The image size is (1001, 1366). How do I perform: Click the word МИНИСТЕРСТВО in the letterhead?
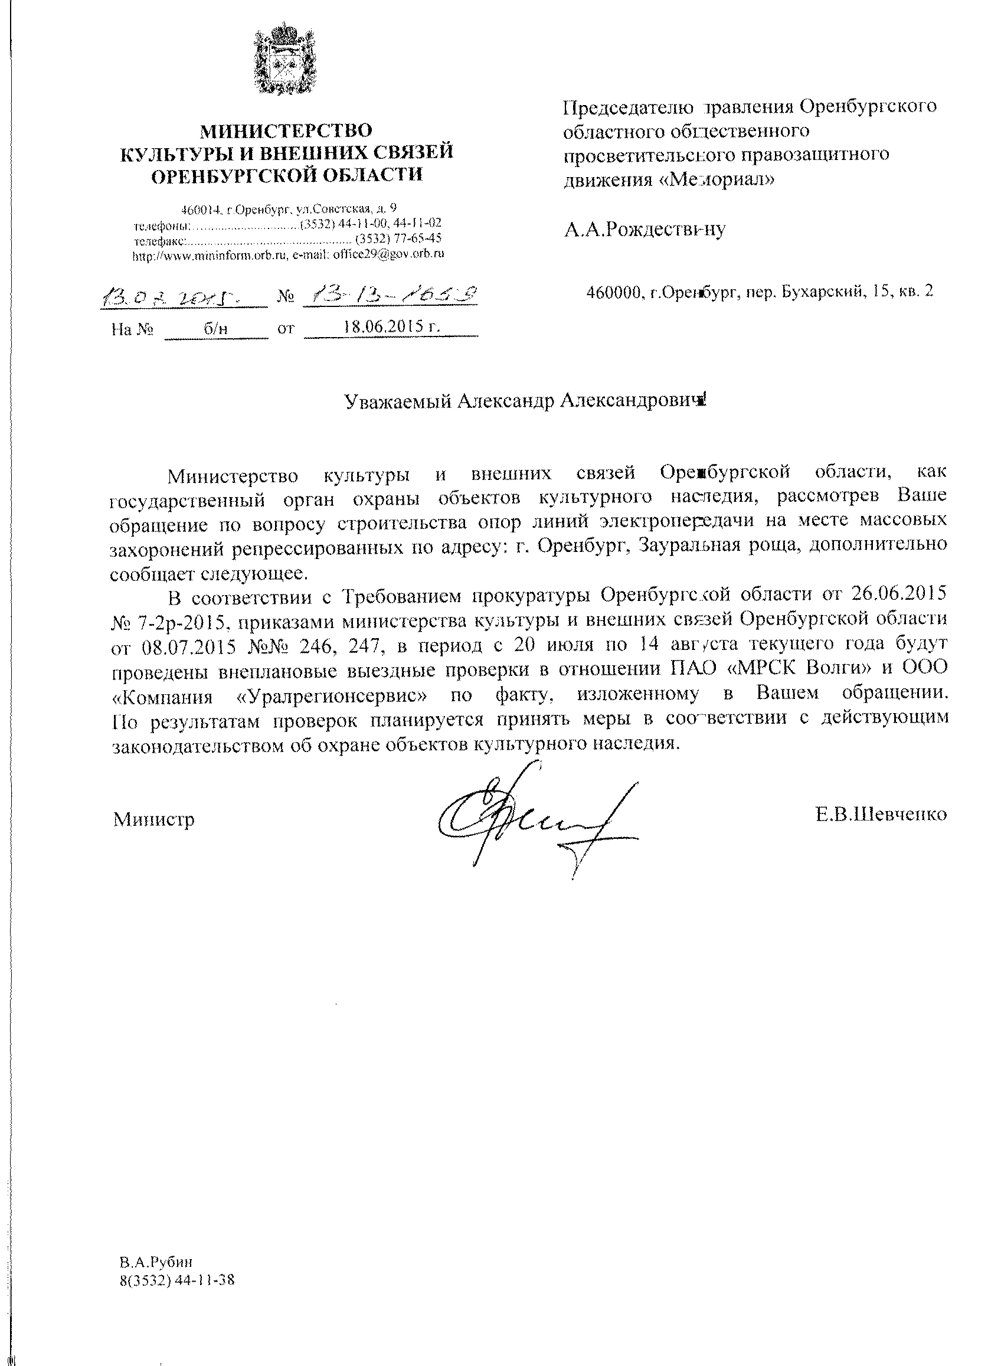point(286,130)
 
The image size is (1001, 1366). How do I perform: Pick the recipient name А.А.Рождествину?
point(644,229)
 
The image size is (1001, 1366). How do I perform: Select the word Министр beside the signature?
point(154,819)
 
